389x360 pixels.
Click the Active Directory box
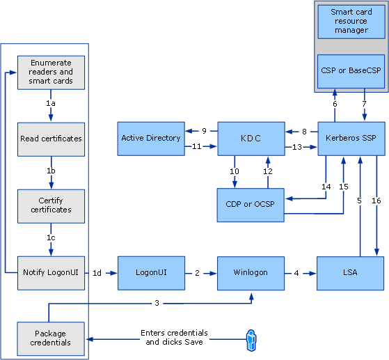[x=151, y=139]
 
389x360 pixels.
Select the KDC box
[x=251, y=139]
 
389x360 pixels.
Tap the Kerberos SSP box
[x=351, y=139]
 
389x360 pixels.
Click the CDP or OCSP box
[x=251, y=205]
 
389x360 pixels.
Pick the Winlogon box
[x=251, y=273]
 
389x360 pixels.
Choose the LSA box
[x=350, y=273]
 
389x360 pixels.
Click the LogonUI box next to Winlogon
[x=151, y=273]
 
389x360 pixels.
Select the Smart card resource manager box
[x=351, y=22]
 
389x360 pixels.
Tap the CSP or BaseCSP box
[x=351, y=71]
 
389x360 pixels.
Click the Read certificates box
[x=51, y=139]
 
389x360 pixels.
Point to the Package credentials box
[x=51, y=338]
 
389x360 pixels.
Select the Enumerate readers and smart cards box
[x=51, y=72]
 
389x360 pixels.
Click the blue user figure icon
[x=251, y=341]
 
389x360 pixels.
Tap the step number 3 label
[x=157, y=303]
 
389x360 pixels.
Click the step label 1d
[x=97, y=273]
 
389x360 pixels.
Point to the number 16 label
[x=376, y=201]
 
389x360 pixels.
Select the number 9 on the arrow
[x=204, y=131]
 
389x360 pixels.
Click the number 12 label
[x=268, y=171]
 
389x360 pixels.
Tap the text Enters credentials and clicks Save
[x=174, y=338]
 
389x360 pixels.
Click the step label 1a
[x=51, y=103]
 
